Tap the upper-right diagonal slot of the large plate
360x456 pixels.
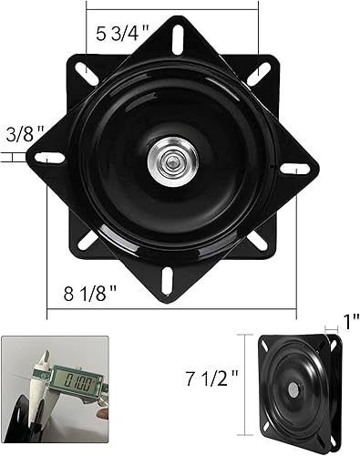click(x=267, y=68)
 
